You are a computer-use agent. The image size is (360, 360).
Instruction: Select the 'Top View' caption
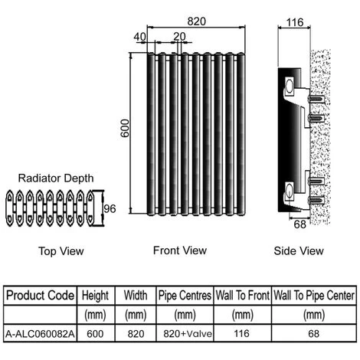[61, 250]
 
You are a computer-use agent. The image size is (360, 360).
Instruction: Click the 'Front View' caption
[179, 250]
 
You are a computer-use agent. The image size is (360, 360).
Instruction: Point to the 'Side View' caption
[299, 250]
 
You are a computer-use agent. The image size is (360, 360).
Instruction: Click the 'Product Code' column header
[39, 295]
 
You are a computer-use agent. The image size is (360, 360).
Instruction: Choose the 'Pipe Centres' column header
[185, 295]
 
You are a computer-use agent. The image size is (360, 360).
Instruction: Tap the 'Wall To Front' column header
[242, 295]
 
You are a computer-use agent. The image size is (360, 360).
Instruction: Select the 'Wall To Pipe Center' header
[314, 295]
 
